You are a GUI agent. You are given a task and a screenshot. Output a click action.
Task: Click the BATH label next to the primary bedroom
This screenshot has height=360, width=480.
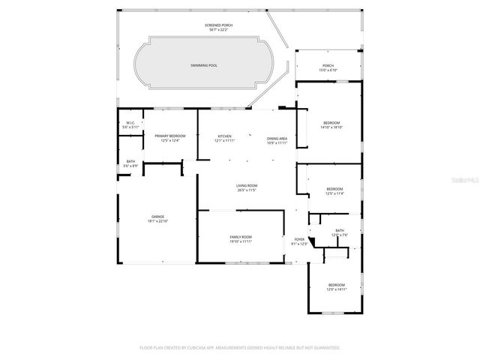130,163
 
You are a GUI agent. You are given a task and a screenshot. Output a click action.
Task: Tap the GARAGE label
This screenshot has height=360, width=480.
157,217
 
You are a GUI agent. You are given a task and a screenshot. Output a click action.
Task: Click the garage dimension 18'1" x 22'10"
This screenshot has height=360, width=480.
157,221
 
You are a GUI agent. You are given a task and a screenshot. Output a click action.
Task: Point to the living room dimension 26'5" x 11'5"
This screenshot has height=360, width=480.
247,190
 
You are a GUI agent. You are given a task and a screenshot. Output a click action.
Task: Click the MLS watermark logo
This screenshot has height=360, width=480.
465,181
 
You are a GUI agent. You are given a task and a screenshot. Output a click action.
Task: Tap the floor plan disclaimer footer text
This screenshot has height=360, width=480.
240,347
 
